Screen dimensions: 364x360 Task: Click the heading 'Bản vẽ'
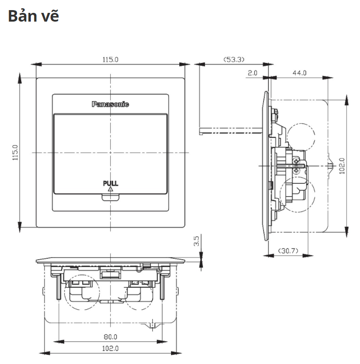point(34,16)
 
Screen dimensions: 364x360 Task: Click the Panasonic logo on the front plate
point(110,104)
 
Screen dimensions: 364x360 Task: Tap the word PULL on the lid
point(110,183)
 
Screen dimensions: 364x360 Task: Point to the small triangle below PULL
point(110,188)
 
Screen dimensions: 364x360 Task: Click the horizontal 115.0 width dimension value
point(110,59)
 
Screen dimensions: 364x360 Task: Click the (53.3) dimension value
point(234,59)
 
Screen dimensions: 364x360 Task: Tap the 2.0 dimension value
point(252,73)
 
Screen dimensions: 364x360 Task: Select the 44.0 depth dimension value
point(299,73)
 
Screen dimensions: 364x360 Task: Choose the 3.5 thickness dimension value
point(196,241)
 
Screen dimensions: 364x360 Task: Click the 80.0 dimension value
point(110,337)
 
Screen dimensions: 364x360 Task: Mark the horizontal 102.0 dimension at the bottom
point(110,348)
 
